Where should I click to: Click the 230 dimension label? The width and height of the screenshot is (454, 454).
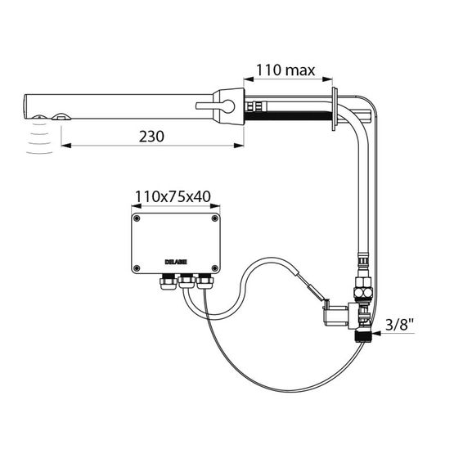coord(151,137)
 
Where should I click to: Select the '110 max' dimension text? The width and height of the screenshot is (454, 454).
coord(285,70)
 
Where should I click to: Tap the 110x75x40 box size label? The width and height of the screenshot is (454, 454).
coord(173,197)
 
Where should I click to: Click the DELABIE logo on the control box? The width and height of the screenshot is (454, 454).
coord(176,262)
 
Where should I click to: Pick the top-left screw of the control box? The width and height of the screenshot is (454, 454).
coord(137,218)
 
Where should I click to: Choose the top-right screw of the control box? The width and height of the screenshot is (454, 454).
coord(215,218)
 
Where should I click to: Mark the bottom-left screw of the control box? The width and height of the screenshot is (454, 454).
coord(137,267)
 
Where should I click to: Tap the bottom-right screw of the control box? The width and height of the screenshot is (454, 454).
coord(215,267)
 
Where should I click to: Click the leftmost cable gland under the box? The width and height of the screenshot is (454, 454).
coord(169,281)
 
